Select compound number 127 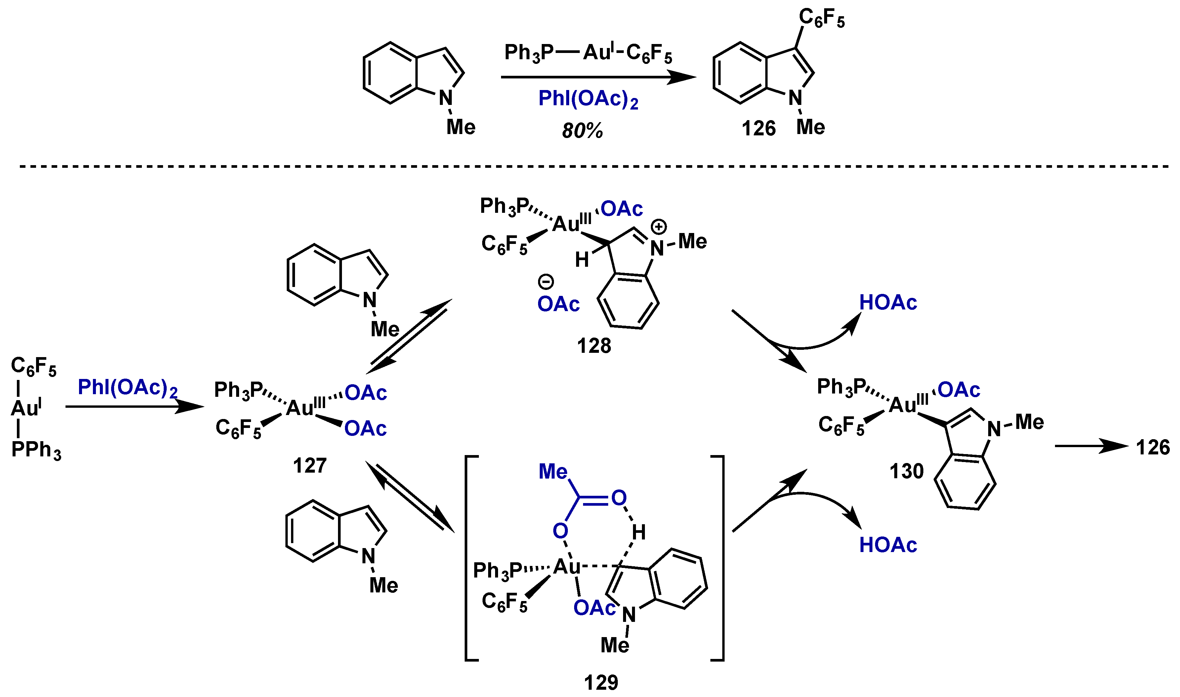click(309, 465)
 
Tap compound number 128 click(594, 346)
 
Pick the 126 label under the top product click(758, 128)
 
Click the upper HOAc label click(888, 302)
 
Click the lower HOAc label click(888, 545)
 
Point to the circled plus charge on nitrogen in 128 click(659, 227)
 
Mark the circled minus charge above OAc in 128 click(546, 282)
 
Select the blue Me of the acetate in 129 click(553, 472)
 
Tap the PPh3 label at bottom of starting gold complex click(36, 450)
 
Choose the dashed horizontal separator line click(591, 166)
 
